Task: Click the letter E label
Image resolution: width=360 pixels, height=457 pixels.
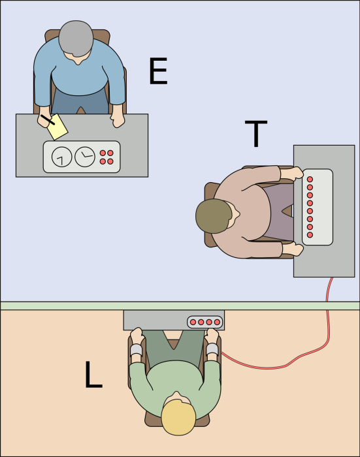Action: click(158, 72)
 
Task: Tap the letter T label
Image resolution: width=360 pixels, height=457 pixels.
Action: click(255, 134)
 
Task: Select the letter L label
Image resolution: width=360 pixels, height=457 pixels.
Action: click(93, 375)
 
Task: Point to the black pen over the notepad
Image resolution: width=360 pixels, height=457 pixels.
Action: click(48, 120)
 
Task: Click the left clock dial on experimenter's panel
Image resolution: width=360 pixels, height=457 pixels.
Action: click(63, 157)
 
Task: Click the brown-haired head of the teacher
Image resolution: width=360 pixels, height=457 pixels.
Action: click(214, 215)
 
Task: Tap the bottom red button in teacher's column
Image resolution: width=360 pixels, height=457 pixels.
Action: click(310, 234)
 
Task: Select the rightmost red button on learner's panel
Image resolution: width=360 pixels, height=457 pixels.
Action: click(218, 322)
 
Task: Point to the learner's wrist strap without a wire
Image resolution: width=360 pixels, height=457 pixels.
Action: click(136, 350)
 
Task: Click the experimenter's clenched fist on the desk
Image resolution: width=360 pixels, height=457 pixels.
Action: click(118, 120)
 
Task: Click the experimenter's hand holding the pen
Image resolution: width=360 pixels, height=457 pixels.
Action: click(42, 116)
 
